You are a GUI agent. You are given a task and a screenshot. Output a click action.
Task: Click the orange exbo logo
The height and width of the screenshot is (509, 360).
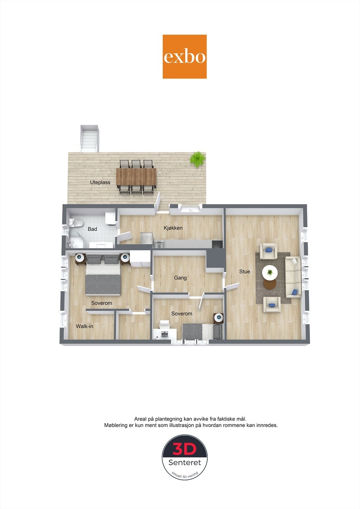pyautogui.click(x=185, y=57)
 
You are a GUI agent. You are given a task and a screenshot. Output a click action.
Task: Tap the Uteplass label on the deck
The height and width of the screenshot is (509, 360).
pyautogui.click(x=100, y=182)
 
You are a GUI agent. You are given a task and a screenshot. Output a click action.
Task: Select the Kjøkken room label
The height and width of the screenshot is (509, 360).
pyautogui.click(x=173, y=228)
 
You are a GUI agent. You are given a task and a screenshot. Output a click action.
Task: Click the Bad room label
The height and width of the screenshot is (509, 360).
pyautogui.click(x=92, y=229)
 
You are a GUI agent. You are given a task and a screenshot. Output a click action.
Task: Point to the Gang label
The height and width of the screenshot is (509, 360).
pyautogui.click(x=180, y=278)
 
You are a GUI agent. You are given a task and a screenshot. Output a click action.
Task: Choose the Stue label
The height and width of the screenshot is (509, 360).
pyautogui.click(x=245, y=271)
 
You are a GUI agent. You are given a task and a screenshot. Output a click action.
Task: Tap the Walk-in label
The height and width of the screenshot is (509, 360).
pyautogui.click(x=84, y=326)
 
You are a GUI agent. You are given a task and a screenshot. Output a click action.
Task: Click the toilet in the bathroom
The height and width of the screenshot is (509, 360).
pyautogui.click(x=76, y=223)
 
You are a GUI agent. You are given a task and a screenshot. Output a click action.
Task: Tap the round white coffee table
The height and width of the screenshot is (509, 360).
pyautogui.click(x=270, y=273)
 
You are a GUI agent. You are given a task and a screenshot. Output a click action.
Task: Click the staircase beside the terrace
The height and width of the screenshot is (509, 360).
pyautogui.click(x=89, y=139)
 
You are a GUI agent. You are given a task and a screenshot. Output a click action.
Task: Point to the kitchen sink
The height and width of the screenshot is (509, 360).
pyautogui.click(x=159, y=244)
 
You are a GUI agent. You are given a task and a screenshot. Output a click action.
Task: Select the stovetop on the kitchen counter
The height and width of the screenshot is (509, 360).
pyautogui.click(x=217, y=244)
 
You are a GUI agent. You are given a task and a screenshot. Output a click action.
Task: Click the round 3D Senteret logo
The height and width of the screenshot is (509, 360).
pyautogui.click(x=185, y=457)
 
